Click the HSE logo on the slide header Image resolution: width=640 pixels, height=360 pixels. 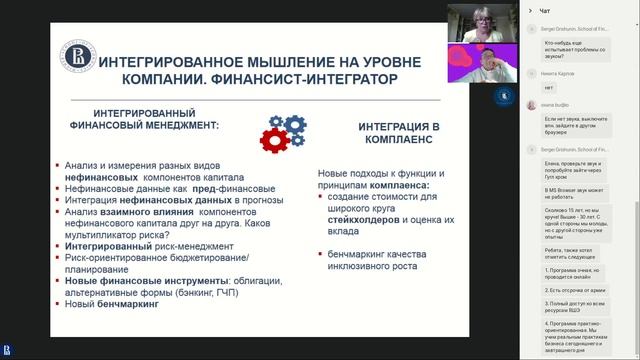(73, 55)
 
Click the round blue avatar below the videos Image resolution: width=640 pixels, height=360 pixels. (500, 95)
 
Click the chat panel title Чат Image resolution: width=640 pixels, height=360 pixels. (544, 10)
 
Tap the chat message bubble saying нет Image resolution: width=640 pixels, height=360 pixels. (550, 87)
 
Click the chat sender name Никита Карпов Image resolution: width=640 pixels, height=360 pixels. (559, 73)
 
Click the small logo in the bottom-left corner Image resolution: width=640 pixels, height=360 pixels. (8, 349)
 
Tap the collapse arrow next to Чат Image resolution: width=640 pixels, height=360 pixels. (530, 10)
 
